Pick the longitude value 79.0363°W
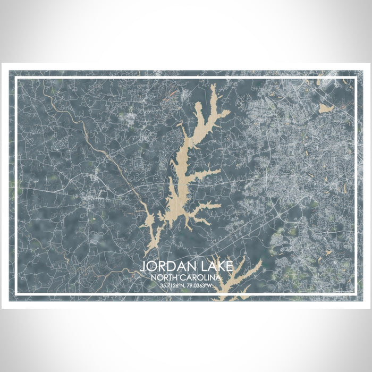(x=200, y=285)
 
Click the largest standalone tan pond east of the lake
(x=325, y=108)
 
